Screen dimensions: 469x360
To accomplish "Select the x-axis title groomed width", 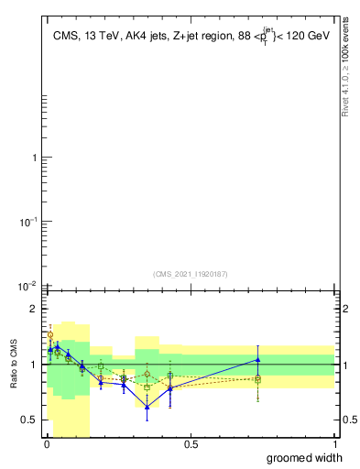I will [x=305, y=457].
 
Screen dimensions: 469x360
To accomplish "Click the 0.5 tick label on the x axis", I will [x=191, y=444].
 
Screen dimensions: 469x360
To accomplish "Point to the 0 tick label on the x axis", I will [x=46, y=444].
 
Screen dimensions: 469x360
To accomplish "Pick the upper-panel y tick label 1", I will [x=33, y=158].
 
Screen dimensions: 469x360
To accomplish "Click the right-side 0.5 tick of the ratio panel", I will [x=348, y=420].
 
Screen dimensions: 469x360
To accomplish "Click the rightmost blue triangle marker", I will [x=258, y=359].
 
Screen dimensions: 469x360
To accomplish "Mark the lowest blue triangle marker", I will [x=147, y=407].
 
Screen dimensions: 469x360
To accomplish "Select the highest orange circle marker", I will [x=50, y=335].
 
